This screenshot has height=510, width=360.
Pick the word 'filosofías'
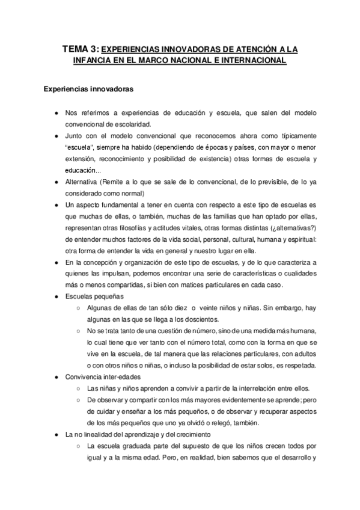131,228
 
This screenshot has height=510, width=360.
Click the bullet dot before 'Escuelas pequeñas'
55,297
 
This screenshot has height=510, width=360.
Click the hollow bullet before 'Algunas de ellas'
79,309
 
